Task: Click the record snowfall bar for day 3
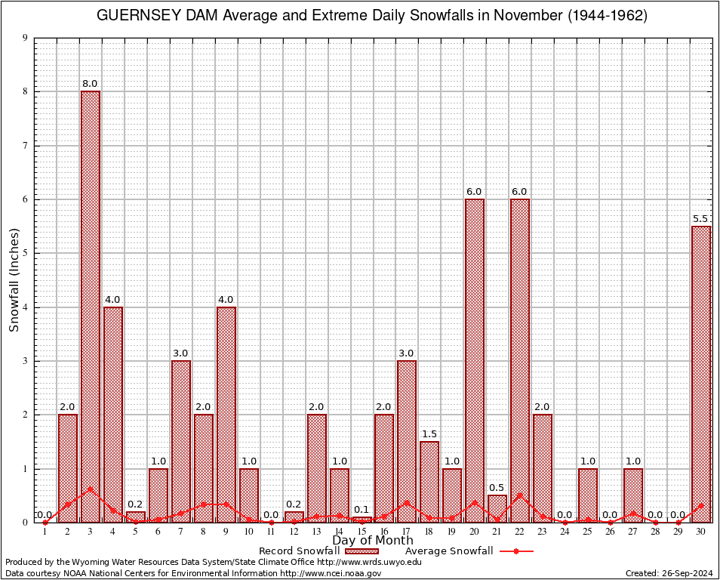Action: pos(91,302)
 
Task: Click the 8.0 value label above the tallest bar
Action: pos(90,84)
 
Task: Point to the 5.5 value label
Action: pos(701,219)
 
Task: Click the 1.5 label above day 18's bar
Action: pos(429,434)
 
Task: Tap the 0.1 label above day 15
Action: pos(362,510)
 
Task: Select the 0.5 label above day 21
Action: pos(497,488)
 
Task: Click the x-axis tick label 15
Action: pos(362,532)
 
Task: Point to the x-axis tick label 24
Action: pos(565,532)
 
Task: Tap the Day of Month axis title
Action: pos(372,541)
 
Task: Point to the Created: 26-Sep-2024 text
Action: pos(669,573)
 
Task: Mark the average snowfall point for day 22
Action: pos(520,495)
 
